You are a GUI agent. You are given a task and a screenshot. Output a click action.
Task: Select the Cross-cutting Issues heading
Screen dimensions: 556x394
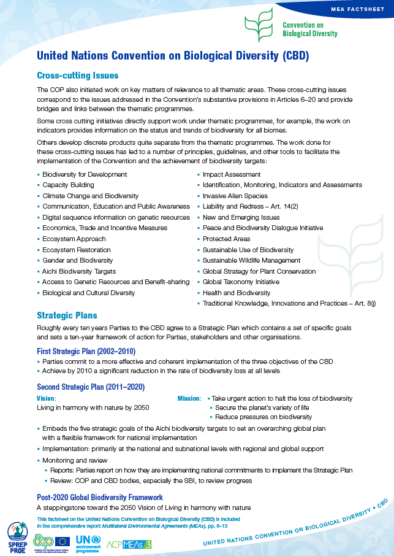point(78,75)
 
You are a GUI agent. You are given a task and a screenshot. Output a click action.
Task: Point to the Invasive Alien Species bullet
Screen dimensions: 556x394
point(235,196)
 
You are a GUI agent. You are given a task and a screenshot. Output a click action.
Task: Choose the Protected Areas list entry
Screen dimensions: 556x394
point(226,239)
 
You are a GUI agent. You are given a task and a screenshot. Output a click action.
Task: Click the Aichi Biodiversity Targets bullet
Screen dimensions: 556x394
point(79,271)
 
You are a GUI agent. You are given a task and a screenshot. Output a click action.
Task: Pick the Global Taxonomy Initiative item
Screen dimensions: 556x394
point(240,282)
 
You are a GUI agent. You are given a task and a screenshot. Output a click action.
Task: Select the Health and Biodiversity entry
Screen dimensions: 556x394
point(236,293)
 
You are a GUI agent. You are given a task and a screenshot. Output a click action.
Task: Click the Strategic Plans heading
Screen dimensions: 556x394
point(67,315)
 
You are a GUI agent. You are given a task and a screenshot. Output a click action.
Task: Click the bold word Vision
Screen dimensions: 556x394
point(47,398)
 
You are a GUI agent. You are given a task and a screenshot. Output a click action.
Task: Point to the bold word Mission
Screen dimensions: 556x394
point(189,398)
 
